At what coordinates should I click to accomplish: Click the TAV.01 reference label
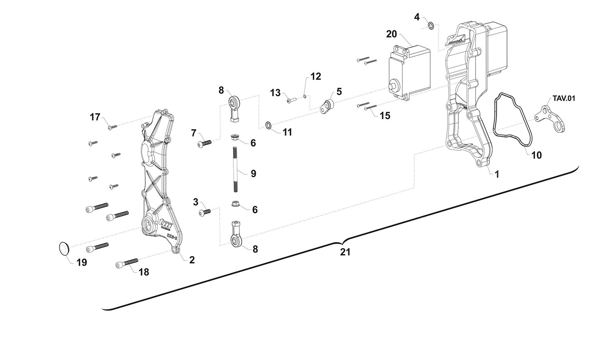(x=564, y=98)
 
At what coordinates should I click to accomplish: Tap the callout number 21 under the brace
(x=345, y=252)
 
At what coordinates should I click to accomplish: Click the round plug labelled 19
(x=65, y=248)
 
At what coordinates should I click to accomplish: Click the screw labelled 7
(x=204, y=144)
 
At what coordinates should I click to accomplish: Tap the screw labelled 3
(x=205, y=213)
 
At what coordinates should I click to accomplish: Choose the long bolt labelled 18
(x=127, y=263)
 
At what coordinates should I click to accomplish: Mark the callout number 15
(x=385, y=116)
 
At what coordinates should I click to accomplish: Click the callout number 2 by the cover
(x=192, y=260)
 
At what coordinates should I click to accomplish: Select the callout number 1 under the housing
(x=496, y=174)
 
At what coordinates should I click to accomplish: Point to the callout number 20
(x=391, y=34)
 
